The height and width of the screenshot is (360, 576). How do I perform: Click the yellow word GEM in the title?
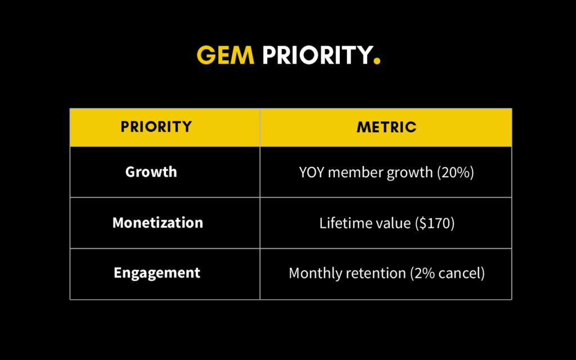(225, 55)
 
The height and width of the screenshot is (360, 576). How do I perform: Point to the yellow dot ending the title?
(377, 61)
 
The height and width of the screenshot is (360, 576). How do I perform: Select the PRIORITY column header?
(156, 127)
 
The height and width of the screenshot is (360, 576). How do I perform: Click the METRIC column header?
(386, 127)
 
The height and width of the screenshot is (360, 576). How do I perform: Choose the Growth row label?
(151, 172)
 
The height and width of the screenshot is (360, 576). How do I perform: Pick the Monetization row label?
(157, 223)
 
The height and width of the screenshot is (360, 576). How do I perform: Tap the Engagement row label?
(157, 273)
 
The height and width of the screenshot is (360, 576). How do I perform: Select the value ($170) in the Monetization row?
(434, 223)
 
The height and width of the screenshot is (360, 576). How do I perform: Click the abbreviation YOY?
(311, 173)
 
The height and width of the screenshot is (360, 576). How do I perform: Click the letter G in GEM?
(205, 55)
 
